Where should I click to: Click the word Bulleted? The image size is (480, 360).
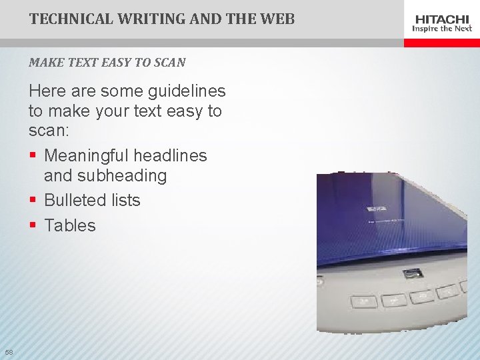point(77,201)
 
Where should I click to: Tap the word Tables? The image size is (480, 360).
point(70,226)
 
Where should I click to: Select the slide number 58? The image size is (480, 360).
point(9,352)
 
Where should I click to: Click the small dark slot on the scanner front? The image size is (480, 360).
point(412,273)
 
